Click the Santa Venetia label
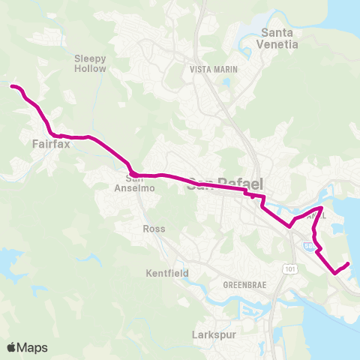coord(279,37)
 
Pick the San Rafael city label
coord(217,182)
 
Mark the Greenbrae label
coord(244,286)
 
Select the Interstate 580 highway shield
coord(309,245)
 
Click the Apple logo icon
coord(12,347)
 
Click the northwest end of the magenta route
coord(11,87)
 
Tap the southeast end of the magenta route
coord(349,263)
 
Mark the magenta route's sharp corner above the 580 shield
coord(322,207)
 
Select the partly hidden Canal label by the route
coord(316,215)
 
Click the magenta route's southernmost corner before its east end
coord(334,274)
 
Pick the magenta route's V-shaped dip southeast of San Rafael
coord(289,226)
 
